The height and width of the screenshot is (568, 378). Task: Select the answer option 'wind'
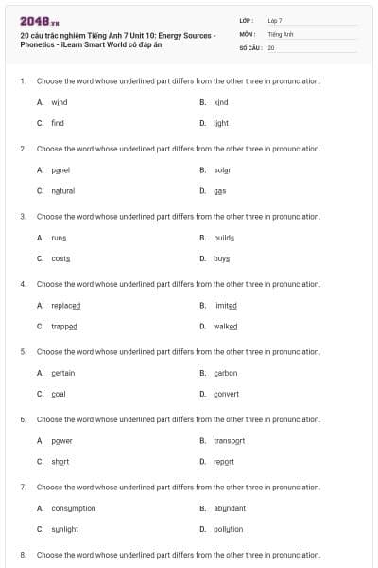click(59, 102)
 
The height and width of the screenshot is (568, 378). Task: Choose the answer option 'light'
click(221, 123)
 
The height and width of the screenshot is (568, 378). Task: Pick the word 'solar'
click(222, 170)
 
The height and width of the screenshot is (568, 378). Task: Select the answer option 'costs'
click(60, 258)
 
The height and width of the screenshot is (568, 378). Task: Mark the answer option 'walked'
click(225, 327)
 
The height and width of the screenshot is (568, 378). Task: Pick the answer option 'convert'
click(226, 394)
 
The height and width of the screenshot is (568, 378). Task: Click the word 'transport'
click(229, 441)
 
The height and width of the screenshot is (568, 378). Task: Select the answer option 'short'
click(60, 462)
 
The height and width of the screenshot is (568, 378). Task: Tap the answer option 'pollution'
click(228, 529)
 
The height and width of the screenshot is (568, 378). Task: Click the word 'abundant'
click(229, 508)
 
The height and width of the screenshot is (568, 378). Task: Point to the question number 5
click(23, 351)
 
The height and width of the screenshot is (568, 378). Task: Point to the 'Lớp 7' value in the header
click(275, 20)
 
